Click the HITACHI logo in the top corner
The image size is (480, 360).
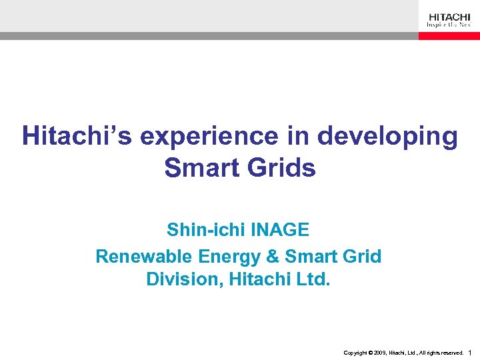coord(449,17)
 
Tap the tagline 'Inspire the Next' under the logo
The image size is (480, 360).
coord(449,25)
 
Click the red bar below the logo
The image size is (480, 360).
coord(449,36)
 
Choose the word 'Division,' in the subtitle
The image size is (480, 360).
coord(184,279)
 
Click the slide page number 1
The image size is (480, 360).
coord(471,352)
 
